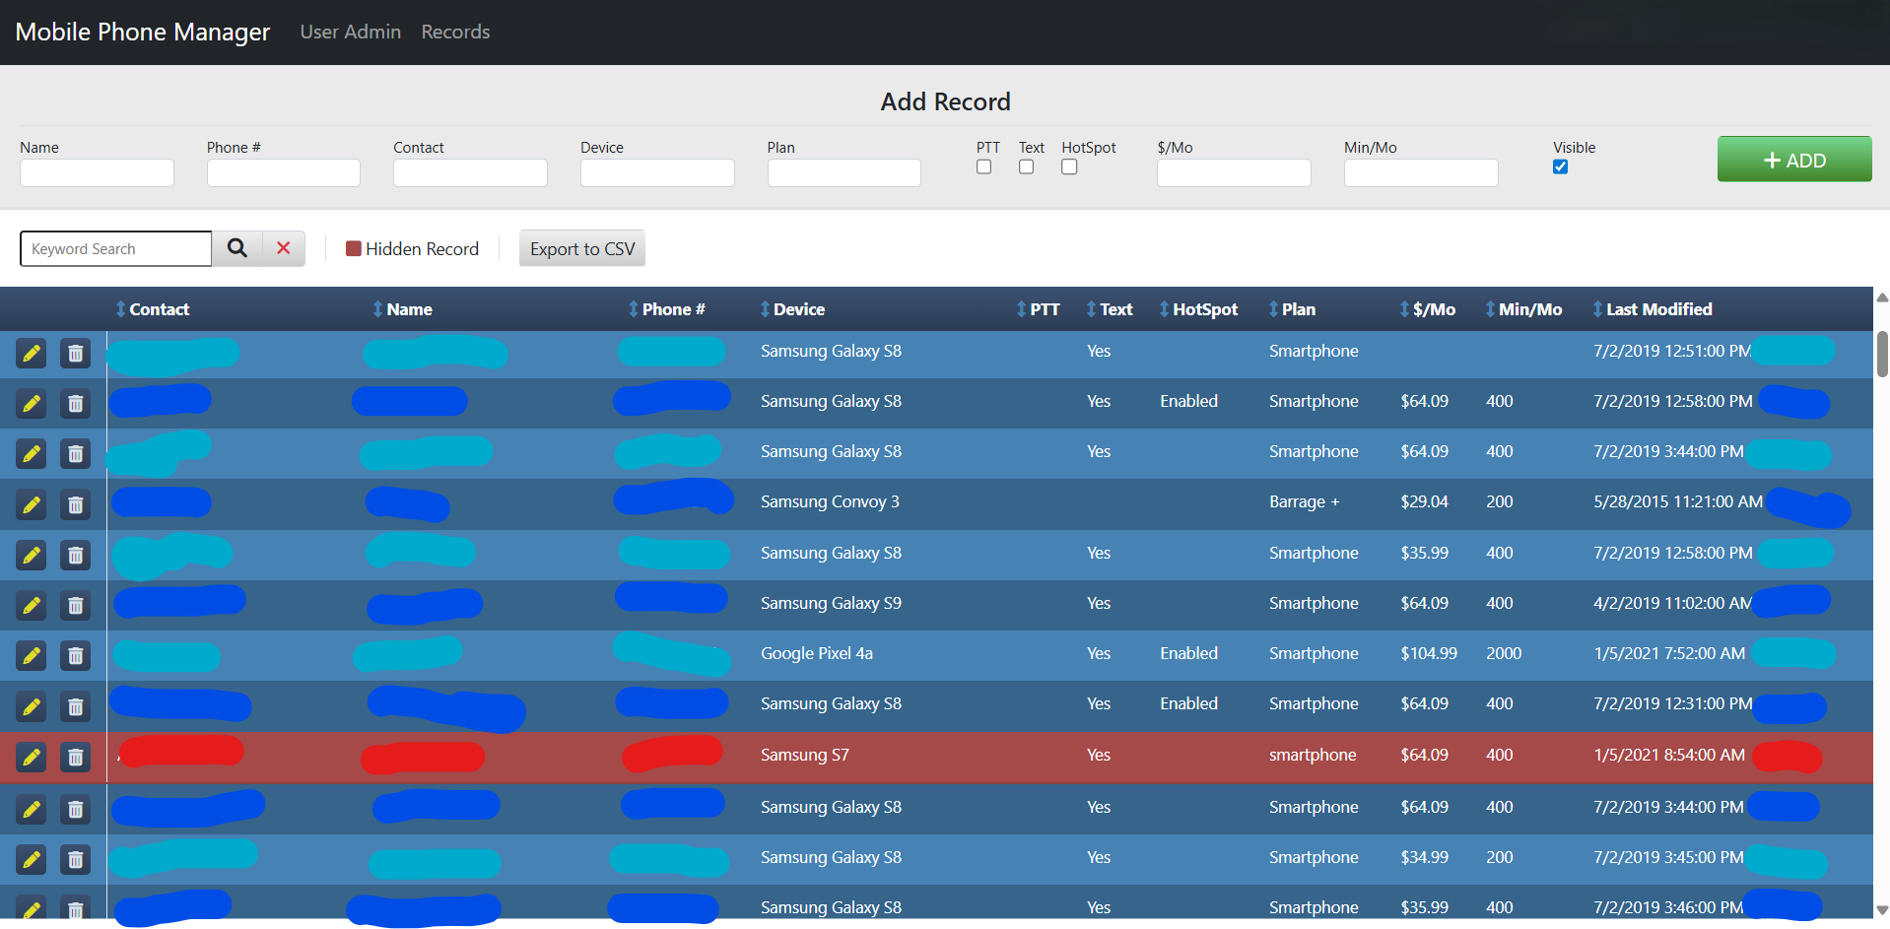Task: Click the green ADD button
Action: [1793, 160]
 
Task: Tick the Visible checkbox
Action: [1560, 166]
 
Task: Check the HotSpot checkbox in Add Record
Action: [1069, 166]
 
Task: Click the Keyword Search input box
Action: [116, 248]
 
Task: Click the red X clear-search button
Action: [284, 248]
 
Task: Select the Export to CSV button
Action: [582, 249]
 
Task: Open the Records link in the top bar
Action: [455, 32]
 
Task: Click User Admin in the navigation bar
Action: [350, 32]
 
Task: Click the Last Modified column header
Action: [1658, 309]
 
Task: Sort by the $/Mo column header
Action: [1433, 309]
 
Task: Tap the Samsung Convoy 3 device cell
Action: [830, 501]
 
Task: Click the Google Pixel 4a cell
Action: [816, 653]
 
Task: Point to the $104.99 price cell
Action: [1429, 653]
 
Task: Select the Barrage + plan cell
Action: [1304, 501]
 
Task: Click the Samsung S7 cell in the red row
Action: [804, 755]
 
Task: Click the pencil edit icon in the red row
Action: [32, 757]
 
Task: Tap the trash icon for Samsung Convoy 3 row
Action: [75, 504]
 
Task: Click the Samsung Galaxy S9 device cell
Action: [831, 603]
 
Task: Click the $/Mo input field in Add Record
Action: [1234, 173]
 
